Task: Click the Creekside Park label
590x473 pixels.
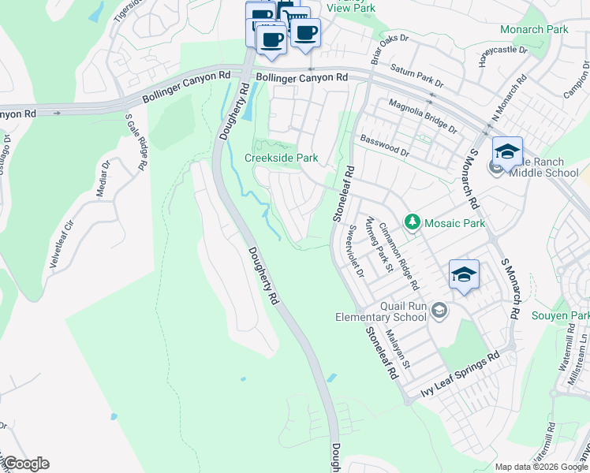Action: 282,158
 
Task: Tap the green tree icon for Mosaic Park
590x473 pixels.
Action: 412,223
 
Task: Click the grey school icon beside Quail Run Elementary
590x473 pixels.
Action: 440,313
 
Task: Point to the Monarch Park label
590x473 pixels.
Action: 534,29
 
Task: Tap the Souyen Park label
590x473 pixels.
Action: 561,315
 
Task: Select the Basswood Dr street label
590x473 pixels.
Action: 385,145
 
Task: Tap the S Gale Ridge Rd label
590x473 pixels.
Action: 136,142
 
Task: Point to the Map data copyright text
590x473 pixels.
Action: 541,467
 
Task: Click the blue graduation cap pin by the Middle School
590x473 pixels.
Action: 507,151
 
